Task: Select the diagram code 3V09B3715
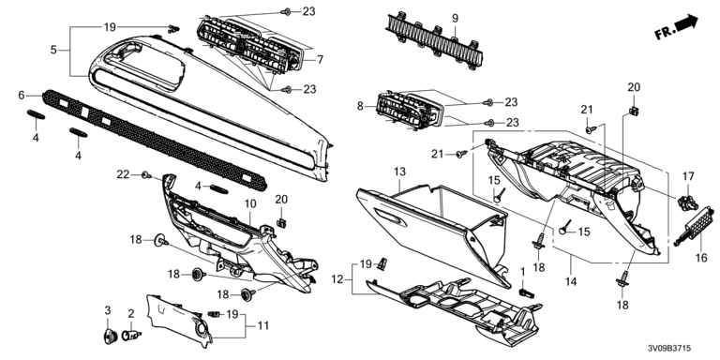click(668, 349)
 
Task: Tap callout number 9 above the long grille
click(455, 19)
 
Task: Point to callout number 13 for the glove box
click(400, 172)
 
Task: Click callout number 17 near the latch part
click(688, 176)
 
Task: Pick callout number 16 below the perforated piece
click(701, 258)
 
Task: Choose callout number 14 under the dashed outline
click(571, 281)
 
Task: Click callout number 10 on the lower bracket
click(250, 203)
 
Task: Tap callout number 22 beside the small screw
click(123, 174)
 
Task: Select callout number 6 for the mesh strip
click(22, 95)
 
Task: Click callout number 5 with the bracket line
click(53, 50)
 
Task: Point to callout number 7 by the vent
click(320, 60)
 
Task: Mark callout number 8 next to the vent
click(360, 106)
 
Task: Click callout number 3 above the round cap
click(108, 310)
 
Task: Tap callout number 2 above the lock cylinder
click(131, 314)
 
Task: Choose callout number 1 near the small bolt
click(522, 272)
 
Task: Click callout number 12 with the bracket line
click(337, 278)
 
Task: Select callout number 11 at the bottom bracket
click(263, 326)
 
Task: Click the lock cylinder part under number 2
click(131, 335)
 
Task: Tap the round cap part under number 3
click(111, 337)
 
